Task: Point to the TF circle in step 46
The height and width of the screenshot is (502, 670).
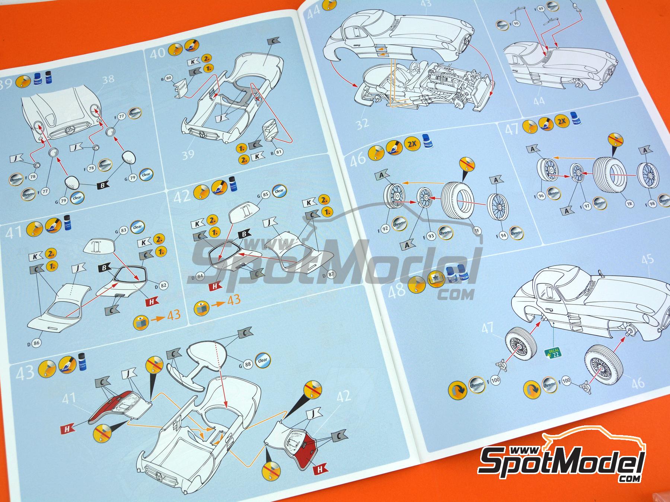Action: (x=477, y=231)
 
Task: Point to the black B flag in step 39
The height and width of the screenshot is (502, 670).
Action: (x=103, y=185)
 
